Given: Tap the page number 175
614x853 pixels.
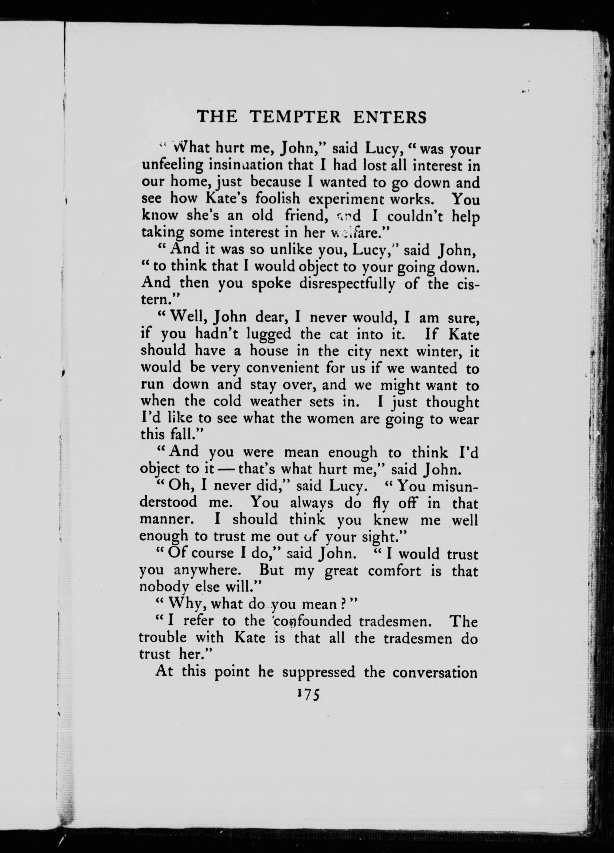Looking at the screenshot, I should [x=307, y=694].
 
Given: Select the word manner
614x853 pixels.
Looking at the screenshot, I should [x=164, y=520].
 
